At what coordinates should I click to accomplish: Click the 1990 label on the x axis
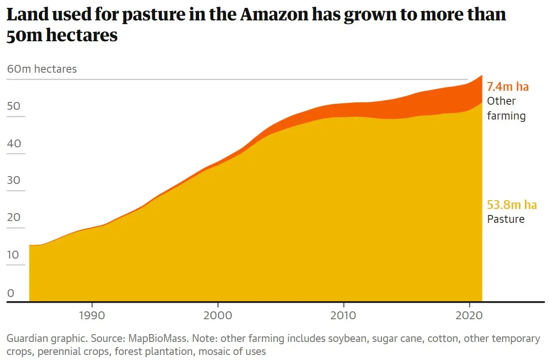(92, 316)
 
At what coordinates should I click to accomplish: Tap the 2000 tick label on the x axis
(218, 316)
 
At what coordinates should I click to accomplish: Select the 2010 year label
(343, 316)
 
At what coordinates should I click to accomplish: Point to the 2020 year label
(469, 316)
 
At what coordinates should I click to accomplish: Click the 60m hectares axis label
(42, 69)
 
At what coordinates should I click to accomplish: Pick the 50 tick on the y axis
(14, 106)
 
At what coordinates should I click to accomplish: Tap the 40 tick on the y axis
(14, 143)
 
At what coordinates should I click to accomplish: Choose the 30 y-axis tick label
(14, 180)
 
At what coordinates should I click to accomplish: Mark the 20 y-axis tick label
(14, 217)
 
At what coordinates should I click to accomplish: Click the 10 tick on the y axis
(14, 255)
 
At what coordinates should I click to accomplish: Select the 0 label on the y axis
(11, 292)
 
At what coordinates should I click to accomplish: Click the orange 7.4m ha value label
(507, 87)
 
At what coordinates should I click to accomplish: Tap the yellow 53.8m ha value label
(512, 205)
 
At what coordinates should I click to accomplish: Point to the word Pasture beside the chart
(505, 219)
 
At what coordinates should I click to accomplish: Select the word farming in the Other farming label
(506, 115)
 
